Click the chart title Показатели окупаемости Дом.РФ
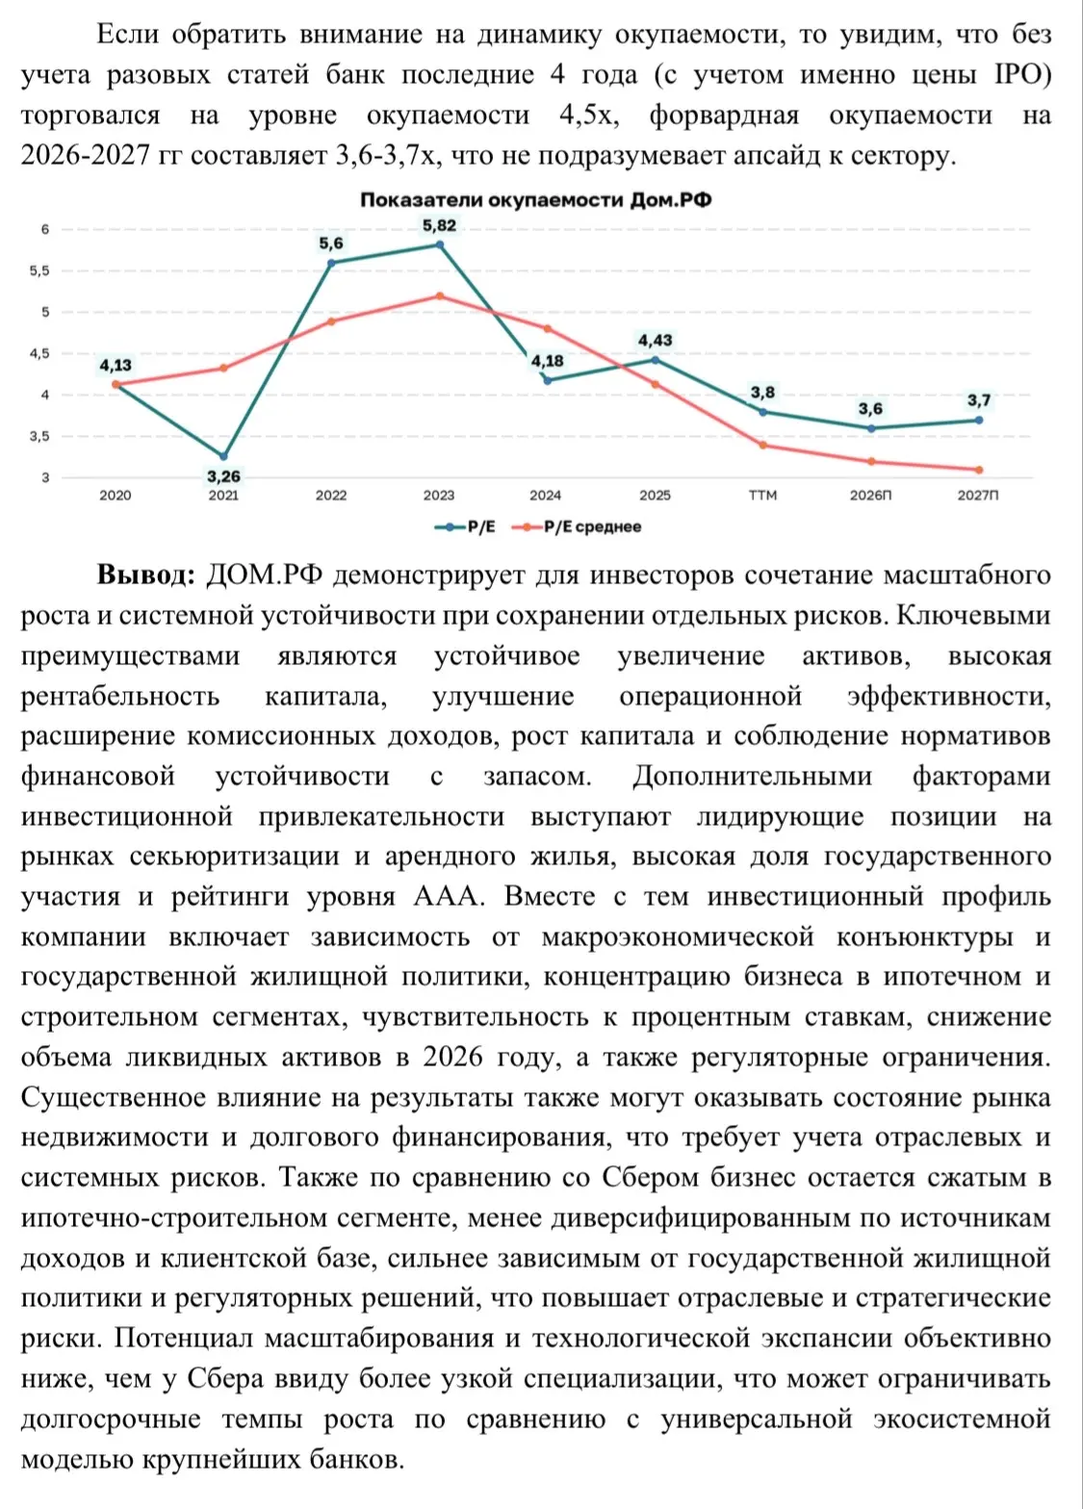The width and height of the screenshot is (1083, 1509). [536, 200]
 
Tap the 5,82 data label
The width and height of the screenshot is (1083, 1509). [439, 225]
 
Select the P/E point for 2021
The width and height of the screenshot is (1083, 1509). [223, 456]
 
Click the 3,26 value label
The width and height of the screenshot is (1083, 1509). [223, 477]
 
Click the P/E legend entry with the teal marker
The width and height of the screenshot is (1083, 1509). [465, 526]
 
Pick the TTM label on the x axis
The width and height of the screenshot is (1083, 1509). [762, 496]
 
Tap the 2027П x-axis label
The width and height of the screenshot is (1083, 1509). [978, 496]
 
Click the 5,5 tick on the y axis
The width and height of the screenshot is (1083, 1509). [39, 270]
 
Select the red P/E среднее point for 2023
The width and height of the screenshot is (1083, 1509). [439, 295]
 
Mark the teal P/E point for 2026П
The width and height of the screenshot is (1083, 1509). [870, 428]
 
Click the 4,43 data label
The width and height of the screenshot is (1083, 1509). [656, 341]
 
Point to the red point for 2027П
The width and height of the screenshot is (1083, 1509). [978, 470]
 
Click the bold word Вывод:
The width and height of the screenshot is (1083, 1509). [146, 575]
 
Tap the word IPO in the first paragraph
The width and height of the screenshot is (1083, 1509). [1021, 74]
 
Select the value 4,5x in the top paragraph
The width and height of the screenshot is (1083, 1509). [588, 115]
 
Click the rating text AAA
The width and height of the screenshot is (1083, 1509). [449, 896]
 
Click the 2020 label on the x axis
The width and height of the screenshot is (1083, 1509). [116, 496]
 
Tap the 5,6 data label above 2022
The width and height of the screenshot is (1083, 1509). [331, 243]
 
